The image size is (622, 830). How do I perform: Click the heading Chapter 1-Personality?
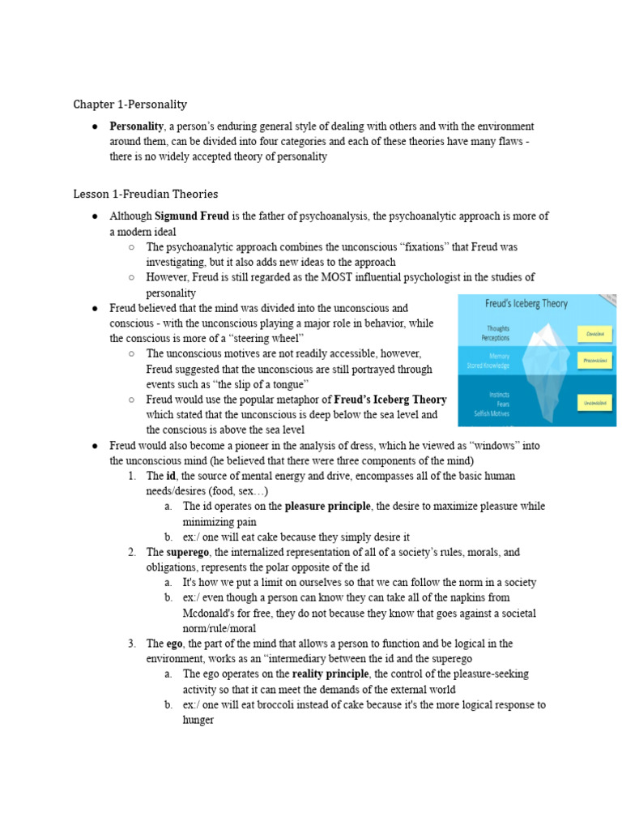(x=130, y=105)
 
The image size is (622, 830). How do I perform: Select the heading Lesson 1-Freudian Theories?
(x=145, y=194)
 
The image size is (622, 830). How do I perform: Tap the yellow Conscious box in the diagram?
(x=594, y=333)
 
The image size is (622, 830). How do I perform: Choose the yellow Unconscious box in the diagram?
(x=594, y=401)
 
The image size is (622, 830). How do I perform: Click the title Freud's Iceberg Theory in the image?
(x=526, y=304)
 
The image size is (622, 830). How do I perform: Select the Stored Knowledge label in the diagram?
(x=488, y=366)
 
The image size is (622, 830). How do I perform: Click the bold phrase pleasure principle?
(x=327, y=507)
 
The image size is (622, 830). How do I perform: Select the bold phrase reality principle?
(x=330, y=674)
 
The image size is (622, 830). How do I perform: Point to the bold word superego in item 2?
(x=188, y=553)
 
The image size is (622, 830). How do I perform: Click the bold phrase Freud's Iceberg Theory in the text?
(x=390, y=400)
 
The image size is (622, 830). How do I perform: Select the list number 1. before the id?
(x=132, y=477)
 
